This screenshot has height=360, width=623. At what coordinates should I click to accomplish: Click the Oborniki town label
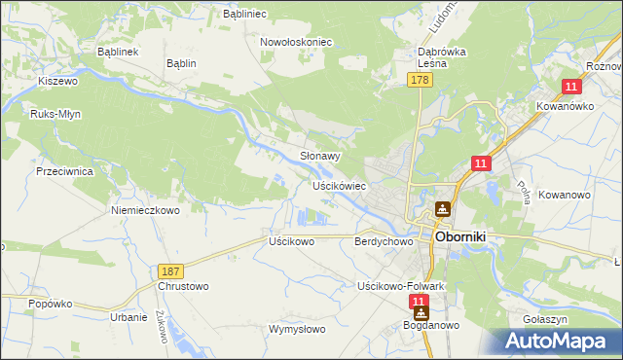[467, 236]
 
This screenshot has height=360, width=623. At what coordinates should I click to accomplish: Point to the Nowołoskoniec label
[296, 43]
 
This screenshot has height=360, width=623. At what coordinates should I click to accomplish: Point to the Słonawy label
[319, 156]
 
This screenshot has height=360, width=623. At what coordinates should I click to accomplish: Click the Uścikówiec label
[338, 185]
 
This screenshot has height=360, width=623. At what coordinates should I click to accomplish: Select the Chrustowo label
[183, 286]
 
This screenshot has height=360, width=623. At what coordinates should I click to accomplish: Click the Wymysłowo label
[297, 329]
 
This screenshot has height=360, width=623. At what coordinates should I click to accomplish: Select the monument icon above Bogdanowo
[421, 314]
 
